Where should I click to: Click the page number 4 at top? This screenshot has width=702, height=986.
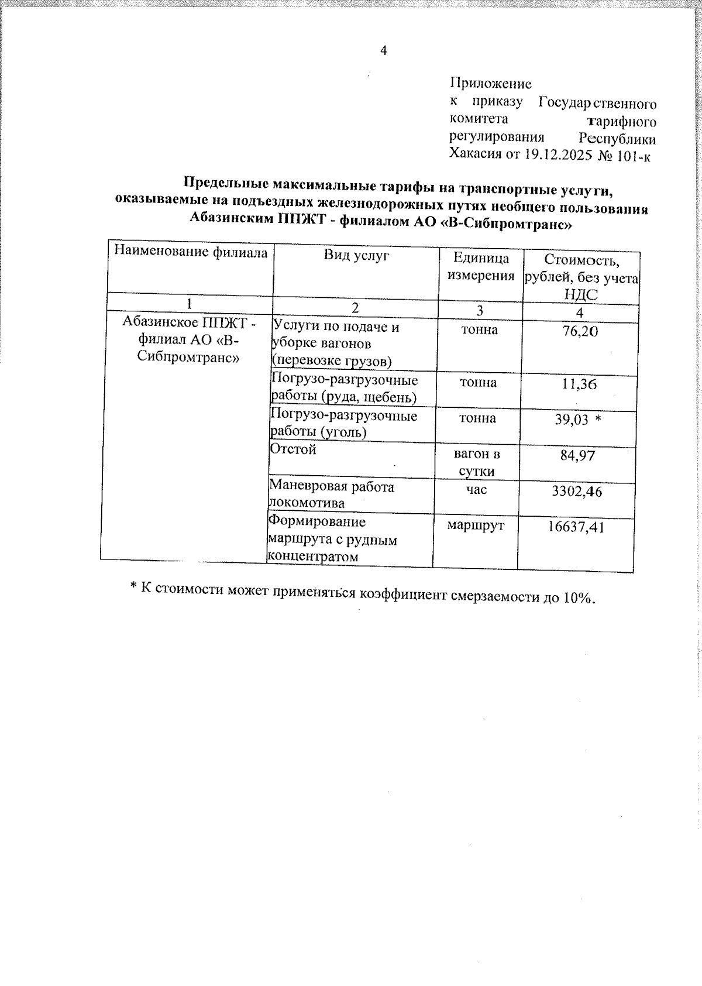click(384, 51)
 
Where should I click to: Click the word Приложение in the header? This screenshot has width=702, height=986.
click(490, 84)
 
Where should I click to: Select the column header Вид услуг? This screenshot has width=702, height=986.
click(356, 255)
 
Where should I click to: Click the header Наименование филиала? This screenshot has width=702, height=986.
click(191, 252)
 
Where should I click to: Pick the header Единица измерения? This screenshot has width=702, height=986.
click(481, 267)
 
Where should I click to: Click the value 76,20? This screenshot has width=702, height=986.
click(580, 331)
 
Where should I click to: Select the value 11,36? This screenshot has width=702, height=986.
click(579, 384)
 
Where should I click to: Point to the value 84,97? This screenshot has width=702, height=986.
click(577, 455)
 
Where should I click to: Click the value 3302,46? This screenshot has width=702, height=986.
click(576, 491)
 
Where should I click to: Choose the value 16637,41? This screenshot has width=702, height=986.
click(576, 527)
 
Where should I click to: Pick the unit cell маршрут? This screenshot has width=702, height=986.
click(475, 525)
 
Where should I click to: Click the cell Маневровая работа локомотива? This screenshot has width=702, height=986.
click(331, 494)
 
